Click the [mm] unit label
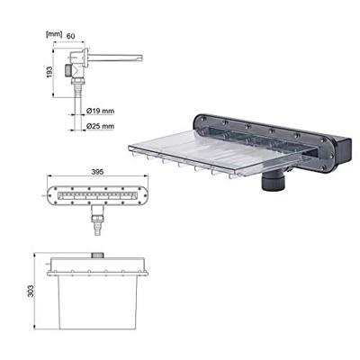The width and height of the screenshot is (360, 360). pos(54,34)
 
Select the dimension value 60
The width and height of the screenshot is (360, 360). pos(70,36)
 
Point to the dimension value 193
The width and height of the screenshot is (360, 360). pos(49,72)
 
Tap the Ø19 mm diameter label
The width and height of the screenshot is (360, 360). pos(100,111)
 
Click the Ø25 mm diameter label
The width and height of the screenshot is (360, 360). pos(100,126)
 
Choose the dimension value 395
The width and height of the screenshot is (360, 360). pos(97,172)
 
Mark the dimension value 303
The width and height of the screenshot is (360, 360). pos(31,291)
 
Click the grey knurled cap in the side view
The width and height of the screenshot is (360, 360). pos(68,70)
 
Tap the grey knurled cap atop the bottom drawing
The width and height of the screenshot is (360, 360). pos(97,256)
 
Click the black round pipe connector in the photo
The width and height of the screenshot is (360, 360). pos(273,181)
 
